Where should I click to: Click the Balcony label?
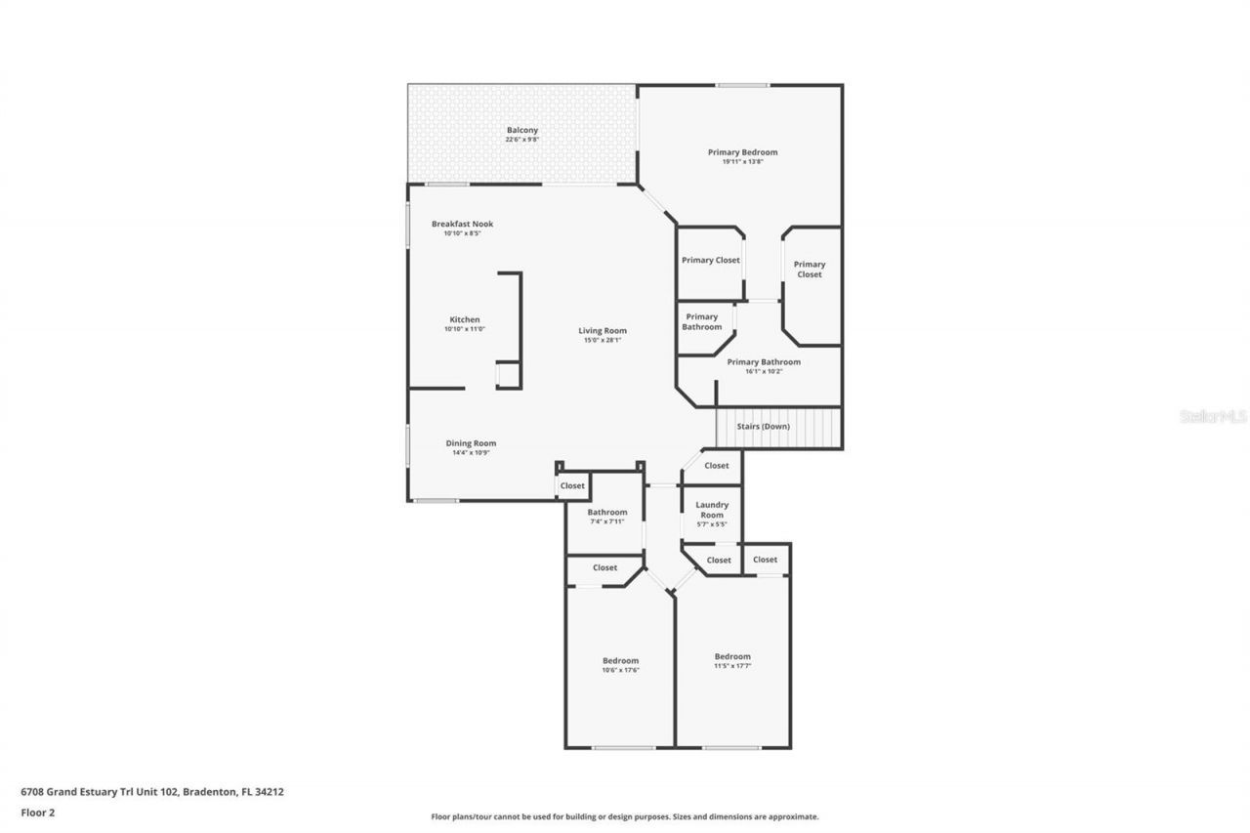coord(521,130)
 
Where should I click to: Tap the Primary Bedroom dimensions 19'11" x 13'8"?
coord(742,162)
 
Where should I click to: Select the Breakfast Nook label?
coord(462,224)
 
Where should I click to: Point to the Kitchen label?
coord(464,319)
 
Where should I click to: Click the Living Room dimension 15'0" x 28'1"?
coord(602,340)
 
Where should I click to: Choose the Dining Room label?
coord(471,442)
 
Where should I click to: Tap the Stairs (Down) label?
coord(763,427)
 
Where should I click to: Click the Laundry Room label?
coord(712,510)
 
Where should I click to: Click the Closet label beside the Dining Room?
coord(572,485)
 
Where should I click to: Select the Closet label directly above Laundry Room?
coord(716,466)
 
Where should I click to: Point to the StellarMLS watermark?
coord(1213,416)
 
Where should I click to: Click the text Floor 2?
coord(37,812)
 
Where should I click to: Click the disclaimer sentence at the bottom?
coord(625,816)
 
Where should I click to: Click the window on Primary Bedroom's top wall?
coord(741,86)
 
